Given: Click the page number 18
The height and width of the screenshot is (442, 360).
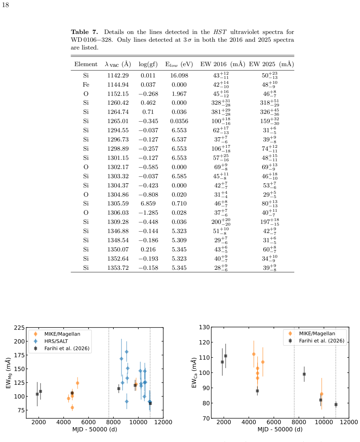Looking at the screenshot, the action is pos(5,5).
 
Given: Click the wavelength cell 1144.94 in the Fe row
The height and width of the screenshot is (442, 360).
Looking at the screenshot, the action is pos(118,85).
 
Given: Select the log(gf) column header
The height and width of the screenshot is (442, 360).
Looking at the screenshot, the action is pos(148,64).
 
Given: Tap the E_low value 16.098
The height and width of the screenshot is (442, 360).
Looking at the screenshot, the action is pos(179,75).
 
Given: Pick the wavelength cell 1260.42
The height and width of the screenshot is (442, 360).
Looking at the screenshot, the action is pos(118,103).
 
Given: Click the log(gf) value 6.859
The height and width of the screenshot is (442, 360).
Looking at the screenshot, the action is pos(148,204).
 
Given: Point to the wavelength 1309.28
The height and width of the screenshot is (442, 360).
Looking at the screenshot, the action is pos(118,222).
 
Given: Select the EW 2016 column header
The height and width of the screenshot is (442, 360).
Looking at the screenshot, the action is pos(223,64).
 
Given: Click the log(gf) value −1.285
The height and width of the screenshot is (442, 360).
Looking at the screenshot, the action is pos(148,213).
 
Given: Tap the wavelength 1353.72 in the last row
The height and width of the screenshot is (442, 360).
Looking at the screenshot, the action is pos(118,268).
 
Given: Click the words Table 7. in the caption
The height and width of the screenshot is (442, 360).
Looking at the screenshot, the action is pos(84,32).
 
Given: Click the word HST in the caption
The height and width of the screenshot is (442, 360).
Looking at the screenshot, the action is pos(220,32).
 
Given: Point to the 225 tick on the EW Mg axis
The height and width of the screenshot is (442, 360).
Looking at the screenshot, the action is pos(19,327).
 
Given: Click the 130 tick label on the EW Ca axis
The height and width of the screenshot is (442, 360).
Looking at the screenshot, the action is pos(204,327).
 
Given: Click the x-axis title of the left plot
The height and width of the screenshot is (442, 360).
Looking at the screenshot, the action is pos(95,429).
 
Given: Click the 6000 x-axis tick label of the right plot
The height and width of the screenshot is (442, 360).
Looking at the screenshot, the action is pos(274,422).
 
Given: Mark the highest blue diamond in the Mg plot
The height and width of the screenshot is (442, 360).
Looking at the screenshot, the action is pos(126,352).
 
